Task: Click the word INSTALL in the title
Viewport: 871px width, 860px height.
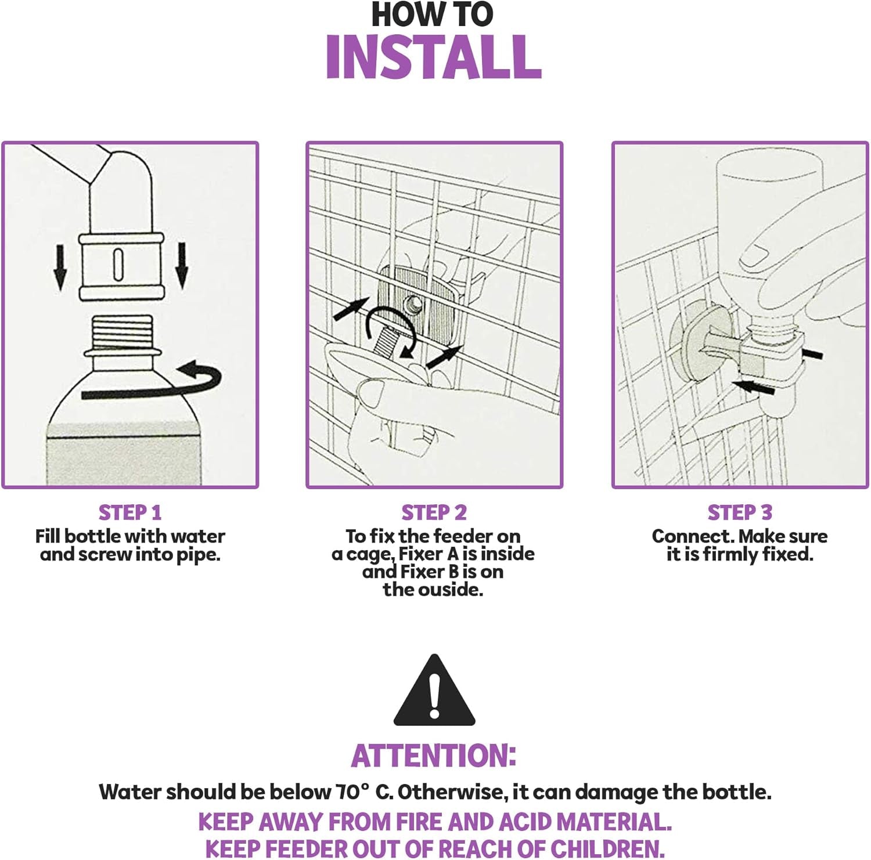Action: tap(434, 57)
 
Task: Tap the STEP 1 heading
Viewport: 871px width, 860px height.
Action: tap(130, 513)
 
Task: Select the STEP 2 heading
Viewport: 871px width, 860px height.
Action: tap(434, 513)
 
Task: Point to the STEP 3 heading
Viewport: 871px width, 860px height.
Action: tap(740, 513)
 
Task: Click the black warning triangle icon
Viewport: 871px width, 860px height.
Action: tap(434, 692)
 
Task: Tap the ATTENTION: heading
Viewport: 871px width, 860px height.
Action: tap(434, 756)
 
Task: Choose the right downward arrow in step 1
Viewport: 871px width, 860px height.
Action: tap(182, 266)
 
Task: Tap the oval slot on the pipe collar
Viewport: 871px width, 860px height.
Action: tap(118, 265)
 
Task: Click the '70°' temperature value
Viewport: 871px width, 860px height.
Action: tap(352, 791)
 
